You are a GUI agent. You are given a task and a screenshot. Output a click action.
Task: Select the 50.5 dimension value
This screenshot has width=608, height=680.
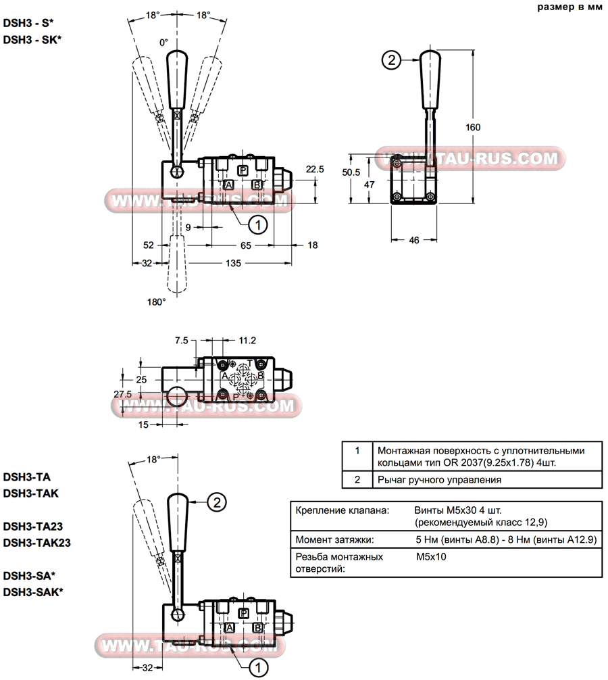(351, 172)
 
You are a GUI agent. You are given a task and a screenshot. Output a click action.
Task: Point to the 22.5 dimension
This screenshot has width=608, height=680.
(315, 169)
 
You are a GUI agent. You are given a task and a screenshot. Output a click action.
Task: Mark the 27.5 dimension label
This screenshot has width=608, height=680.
(122, 393)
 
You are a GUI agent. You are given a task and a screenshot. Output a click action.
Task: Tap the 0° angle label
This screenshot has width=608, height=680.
(163, 43)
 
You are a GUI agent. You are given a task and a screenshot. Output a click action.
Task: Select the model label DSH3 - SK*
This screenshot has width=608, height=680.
(32, 39)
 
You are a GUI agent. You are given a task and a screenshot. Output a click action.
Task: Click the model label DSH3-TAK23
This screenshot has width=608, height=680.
(37, 542)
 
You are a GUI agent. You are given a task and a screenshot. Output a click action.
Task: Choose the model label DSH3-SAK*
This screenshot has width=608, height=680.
(34, 592)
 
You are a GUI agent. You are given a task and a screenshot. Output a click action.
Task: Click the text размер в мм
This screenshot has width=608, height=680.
(569, 8)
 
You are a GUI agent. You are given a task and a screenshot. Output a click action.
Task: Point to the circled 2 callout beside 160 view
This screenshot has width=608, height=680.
(390, 60)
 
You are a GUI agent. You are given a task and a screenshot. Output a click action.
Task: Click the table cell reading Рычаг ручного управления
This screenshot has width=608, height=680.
(439, 480)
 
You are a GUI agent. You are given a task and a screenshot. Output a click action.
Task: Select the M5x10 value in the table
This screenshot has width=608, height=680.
(431, 557)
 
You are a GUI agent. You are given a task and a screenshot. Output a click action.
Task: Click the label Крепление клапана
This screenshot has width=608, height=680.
(342, 509)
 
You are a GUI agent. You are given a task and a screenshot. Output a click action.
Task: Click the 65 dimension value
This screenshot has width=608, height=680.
(246, 245)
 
